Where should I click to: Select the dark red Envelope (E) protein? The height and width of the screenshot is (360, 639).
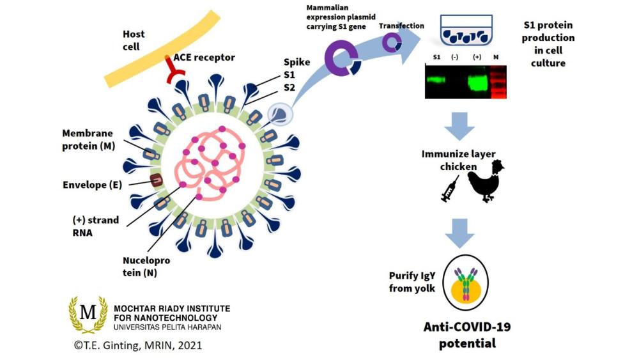[x=156, y=182]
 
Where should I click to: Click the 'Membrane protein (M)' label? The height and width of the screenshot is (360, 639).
[x=88, y=139]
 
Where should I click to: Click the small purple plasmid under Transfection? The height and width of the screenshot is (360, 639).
[x=392, y=43]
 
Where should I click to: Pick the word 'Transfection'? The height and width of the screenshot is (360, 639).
[x=401, y=26]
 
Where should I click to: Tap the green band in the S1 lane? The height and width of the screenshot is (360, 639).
[x=436, y=81]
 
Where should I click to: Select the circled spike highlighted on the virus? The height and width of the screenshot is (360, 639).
[x=279, y=114]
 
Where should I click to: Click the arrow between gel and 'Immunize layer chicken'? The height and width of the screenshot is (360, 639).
[x=459, y=126]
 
